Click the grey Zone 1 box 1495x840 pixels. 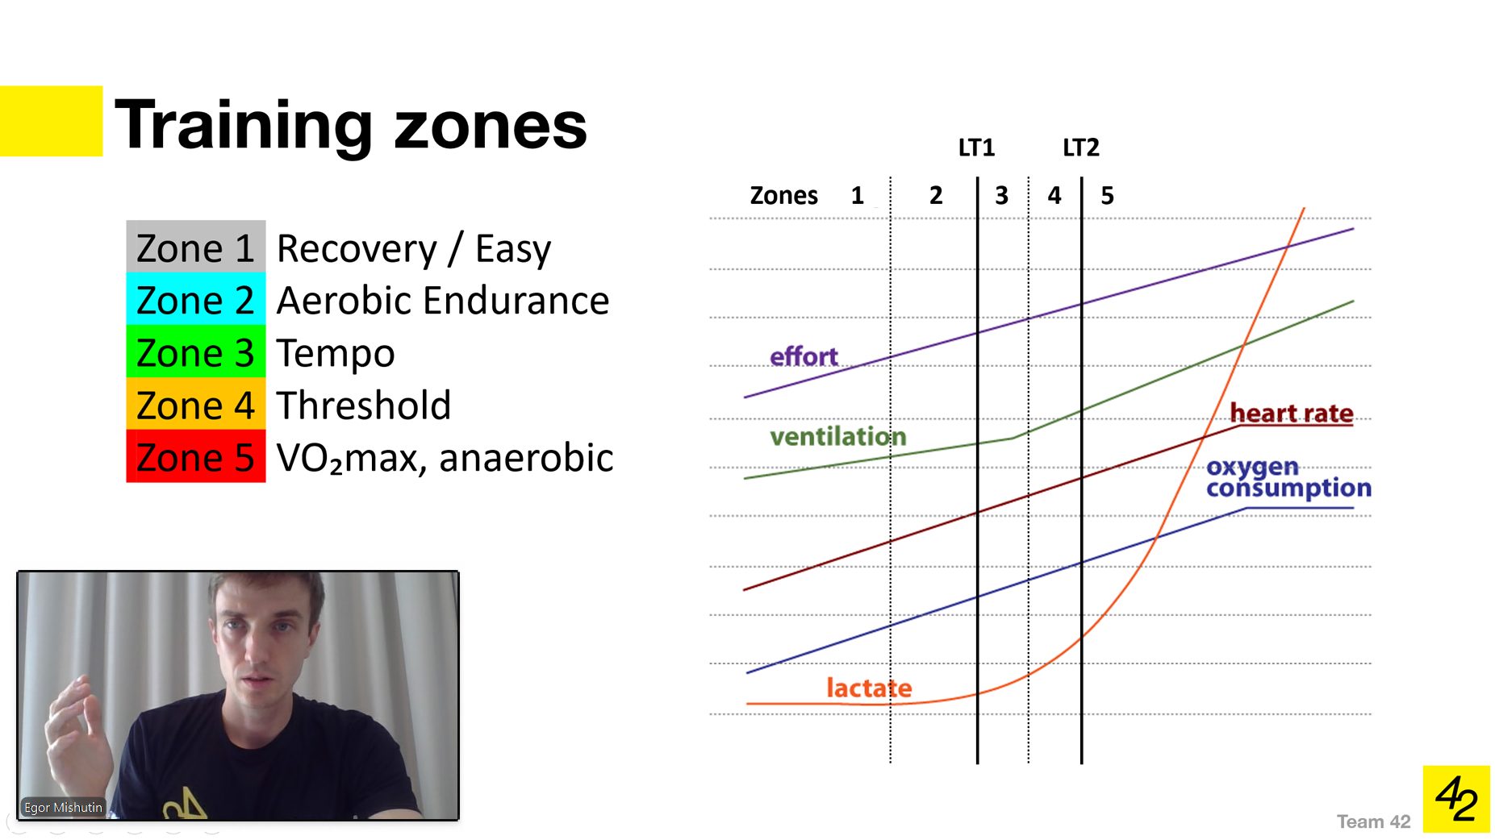tap(195, 247)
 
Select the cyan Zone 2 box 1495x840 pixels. tap(195, 300)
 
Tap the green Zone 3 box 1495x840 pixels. tap(195, 352)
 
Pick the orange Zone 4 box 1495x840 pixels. tap(195, 405)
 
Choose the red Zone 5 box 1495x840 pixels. tap(195, 457)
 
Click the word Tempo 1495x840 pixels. tap(336, 354)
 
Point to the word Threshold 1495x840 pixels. tap(363, 405)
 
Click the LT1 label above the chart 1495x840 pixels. tap(976, 148)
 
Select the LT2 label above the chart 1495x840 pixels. tap(1080, 148)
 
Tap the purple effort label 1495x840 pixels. tap(804, 356)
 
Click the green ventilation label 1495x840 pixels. tap(837, 437)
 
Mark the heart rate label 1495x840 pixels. tap(1291, 414)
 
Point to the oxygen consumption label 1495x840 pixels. tap(1288, 477)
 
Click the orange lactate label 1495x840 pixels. tap(869, 688)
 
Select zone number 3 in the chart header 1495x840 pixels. tap(1001, 196)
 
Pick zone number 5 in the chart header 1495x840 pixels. tap(1107, 196)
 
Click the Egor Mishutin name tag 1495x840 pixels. tap(63, 807)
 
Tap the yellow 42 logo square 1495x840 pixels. tap(1455, 799)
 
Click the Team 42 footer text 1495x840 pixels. tap(1373, 821)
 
